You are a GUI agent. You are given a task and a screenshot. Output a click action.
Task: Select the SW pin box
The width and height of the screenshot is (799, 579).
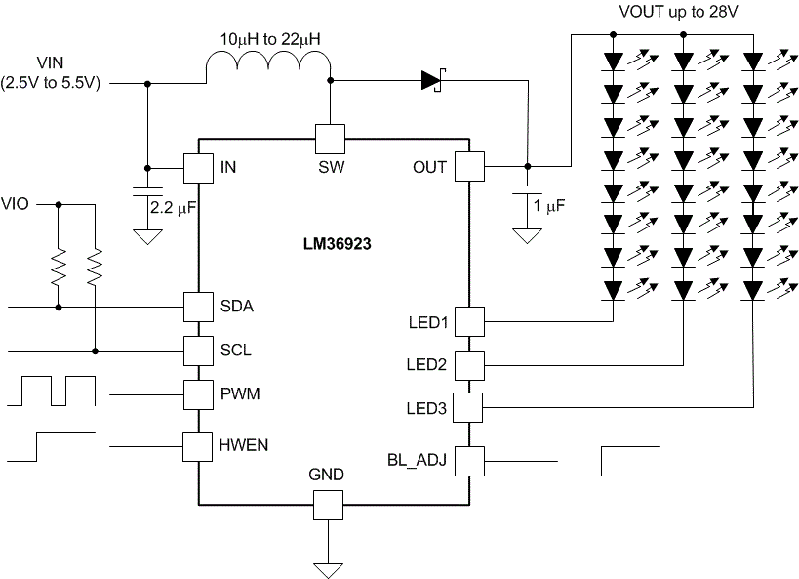[x=330, y=138]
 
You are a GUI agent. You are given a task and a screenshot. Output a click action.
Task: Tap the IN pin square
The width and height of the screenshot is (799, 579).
[x=199, y=167]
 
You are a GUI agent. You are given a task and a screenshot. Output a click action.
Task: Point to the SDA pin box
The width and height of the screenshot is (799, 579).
[x=199, y=307]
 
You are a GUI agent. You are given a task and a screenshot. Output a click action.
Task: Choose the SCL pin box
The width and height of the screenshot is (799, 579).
[x=199, y=350]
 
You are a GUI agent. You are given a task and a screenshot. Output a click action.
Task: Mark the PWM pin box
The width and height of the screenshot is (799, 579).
[x=199, y=393]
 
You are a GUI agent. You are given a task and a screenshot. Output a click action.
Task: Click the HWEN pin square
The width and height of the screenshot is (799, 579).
[x=199, y=446]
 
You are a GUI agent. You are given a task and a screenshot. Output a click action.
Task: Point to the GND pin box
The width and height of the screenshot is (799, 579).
[x=328, y=505]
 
